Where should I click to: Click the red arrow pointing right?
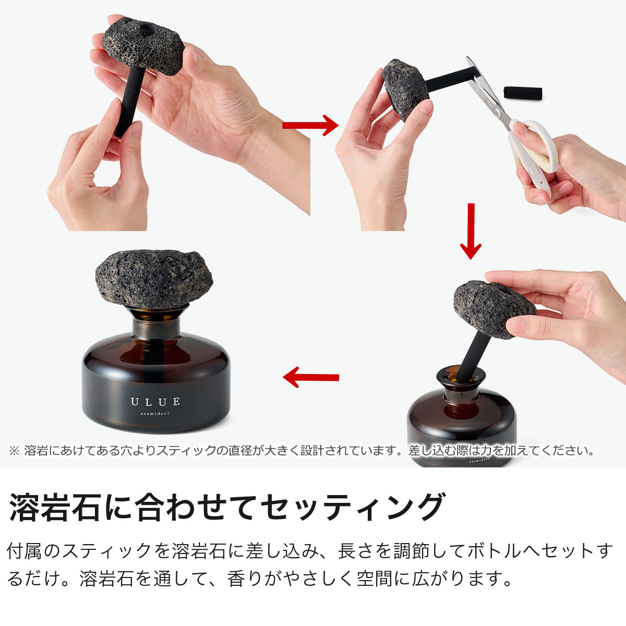tap(310, 125)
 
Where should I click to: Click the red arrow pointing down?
tap(471, 231)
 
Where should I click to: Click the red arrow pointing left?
tap(311, 377)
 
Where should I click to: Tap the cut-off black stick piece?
tap(523, 92)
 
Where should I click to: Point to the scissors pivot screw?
tap(497, 112)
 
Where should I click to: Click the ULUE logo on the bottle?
tap(155, 402)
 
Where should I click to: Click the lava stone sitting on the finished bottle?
tap(154, 279)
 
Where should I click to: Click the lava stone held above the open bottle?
tap(494, 309)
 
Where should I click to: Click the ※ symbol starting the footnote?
tap(14, 451)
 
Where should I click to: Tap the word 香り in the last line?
tap(246, 579)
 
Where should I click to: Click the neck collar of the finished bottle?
tap(156, 329)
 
